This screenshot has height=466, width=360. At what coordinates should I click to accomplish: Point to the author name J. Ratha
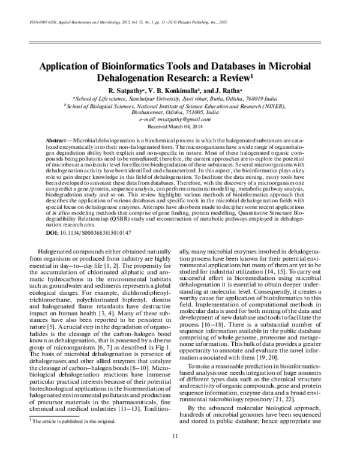229,88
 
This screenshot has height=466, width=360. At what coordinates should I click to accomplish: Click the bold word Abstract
55,139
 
